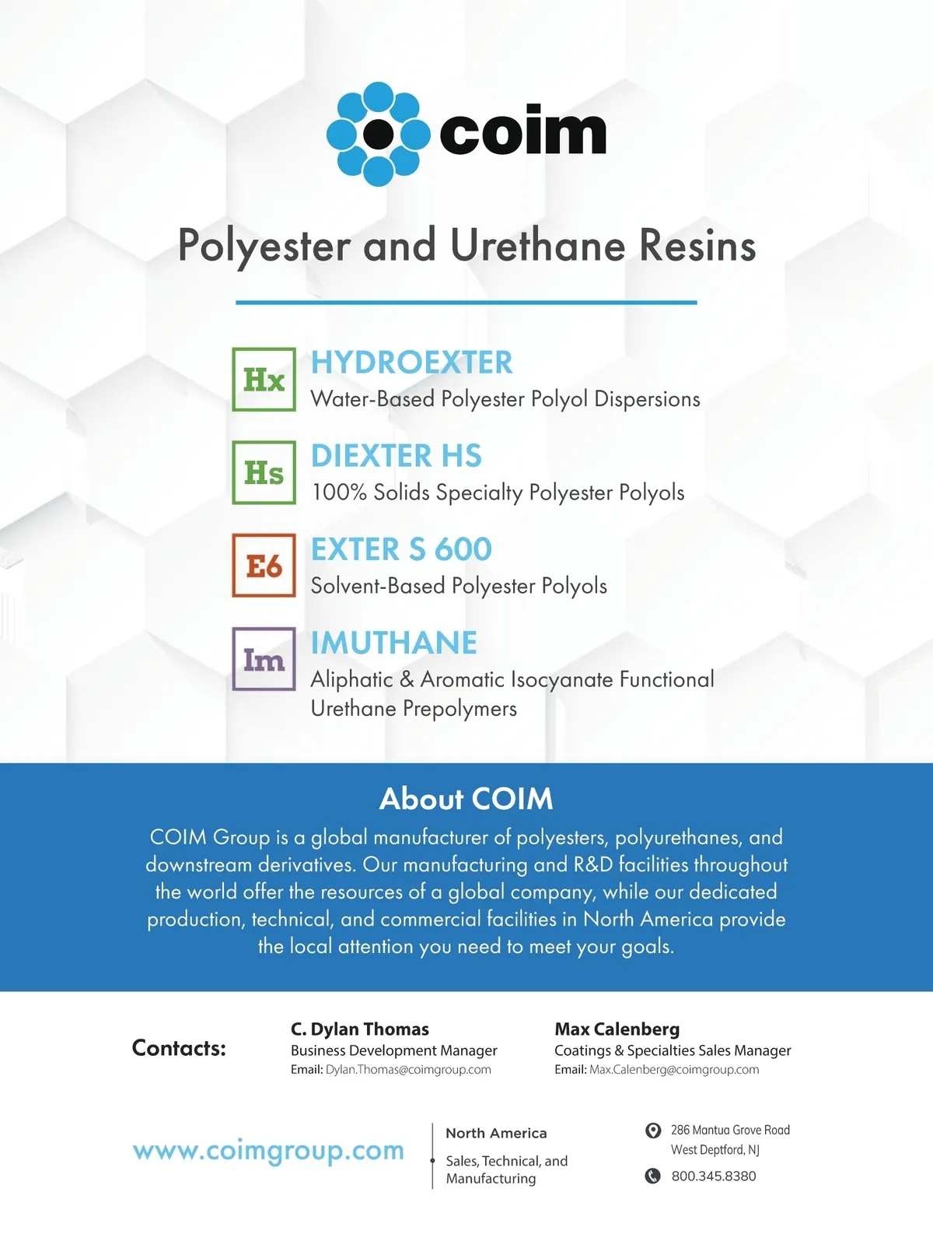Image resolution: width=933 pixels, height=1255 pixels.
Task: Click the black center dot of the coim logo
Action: pos(379,134)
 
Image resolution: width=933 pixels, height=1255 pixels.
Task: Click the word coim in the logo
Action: pos(522,133)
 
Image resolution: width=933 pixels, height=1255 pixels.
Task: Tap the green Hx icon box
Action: pos(264,380)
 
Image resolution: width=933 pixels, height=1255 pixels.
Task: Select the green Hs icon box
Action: pos(264,473)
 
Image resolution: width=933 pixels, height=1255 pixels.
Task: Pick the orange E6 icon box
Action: pos(264,566)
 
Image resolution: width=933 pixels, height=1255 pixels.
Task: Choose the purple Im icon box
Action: pos(264,659)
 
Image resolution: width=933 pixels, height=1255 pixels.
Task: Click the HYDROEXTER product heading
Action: pos(411,363)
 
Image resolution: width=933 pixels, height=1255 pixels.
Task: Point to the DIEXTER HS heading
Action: pos(396,456)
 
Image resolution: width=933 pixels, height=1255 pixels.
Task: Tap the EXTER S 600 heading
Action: pos(401,549)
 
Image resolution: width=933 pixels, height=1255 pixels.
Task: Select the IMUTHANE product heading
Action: pos(393,643)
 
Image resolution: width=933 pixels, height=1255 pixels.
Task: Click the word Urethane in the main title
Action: pos(538,246)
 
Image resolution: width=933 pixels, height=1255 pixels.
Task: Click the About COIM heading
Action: pos(466,799)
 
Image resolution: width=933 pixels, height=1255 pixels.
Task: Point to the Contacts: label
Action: pos(179,1048)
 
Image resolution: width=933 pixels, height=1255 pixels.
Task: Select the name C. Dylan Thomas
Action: pos(359,1029)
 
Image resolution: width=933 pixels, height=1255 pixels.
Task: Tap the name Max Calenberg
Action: pos(617,1029)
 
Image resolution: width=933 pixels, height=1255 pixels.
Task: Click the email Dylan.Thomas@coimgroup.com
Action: pos(408,1070)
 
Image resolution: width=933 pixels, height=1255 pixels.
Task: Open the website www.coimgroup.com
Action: pos(268,1151)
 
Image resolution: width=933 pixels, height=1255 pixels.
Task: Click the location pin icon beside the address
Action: pos(653,1131)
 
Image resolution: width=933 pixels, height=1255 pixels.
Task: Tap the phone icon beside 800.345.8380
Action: pos(653,1176)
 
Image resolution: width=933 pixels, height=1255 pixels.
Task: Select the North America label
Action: pos(496,1134)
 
